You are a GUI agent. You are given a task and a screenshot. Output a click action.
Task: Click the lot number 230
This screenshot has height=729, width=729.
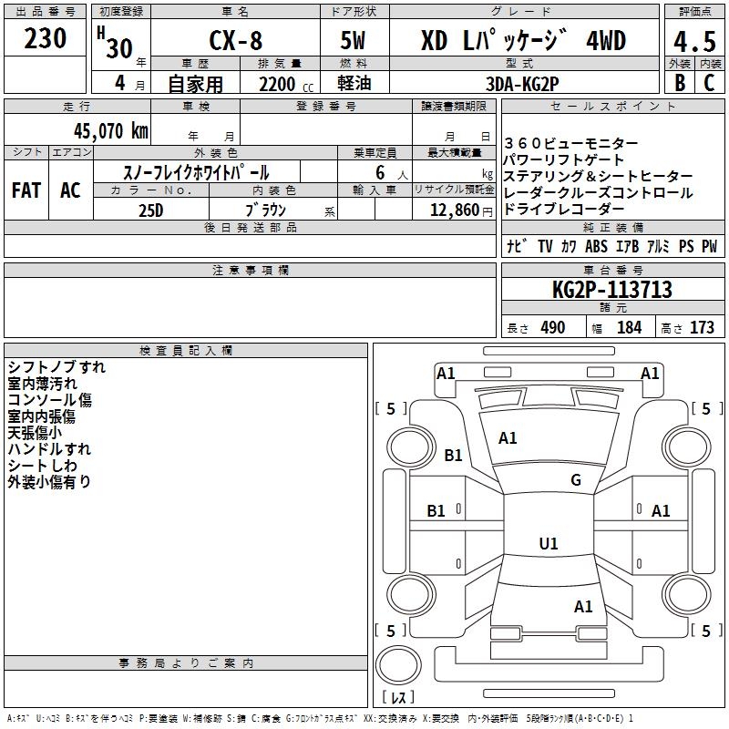46,39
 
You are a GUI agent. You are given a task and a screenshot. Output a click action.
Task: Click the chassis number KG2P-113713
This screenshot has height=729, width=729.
611,290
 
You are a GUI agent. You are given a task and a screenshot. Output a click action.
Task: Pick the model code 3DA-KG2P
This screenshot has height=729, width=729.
524,84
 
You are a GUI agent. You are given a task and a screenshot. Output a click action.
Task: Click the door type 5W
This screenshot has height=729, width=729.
354,42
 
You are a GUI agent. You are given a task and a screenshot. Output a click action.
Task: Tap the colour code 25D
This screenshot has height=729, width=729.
150,210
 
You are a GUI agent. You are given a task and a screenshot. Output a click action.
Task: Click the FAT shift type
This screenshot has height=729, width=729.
26,190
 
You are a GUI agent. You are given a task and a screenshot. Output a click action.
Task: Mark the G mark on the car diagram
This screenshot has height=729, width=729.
576,480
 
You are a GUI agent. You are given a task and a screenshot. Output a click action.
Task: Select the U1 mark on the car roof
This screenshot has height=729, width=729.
548,544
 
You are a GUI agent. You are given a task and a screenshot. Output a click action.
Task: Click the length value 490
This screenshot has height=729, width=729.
552,328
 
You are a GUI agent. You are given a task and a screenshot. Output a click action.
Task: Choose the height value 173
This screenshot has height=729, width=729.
702,328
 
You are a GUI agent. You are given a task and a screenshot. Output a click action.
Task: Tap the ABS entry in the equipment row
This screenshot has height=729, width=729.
596,246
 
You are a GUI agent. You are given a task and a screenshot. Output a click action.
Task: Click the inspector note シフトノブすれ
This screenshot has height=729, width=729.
56,367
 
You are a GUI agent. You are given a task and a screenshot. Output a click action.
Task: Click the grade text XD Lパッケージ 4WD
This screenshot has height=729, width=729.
523,42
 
